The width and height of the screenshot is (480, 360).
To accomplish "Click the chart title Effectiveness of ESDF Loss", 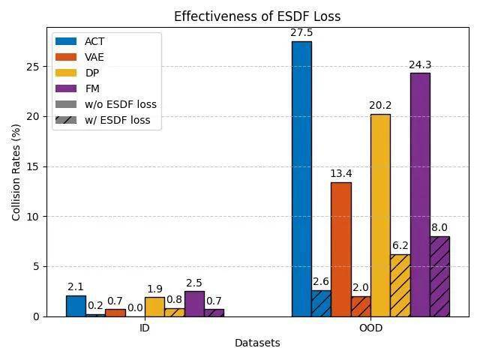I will [256, 16].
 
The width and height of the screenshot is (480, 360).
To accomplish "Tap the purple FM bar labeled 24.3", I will [420, 194].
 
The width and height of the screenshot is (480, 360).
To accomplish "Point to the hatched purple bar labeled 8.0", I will [439, 276].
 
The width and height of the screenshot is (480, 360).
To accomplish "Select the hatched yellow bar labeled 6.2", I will [400, 285].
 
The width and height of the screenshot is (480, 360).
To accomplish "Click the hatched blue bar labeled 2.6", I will [321, 303].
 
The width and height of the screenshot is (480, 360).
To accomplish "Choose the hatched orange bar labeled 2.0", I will [361, 306].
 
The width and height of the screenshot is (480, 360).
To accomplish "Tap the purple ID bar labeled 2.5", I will [194, 304].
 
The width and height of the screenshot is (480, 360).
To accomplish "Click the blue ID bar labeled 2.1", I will [76, 305].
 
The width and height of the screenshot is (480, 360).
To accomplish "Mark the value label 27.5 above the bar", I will [301, 32].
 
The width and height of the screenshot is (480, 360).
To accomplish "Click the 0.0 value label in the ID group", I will [135, 307].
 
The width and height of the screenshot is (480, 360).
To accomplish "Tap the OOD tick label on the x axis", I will [370, 328].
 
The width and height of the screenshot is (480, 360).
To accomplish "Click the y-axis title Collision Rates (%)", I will [16, 172].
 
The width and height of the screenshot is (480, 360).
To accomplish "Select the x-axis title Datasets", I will [257, 343].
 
